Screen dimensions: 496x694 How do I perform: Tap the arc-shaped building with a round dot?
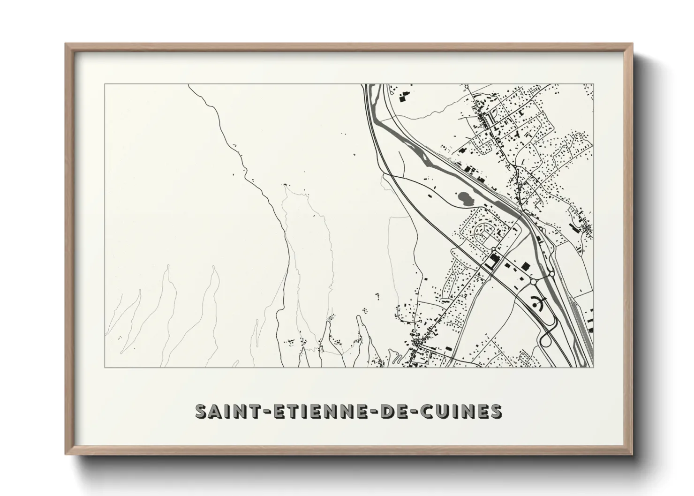pos(539,303)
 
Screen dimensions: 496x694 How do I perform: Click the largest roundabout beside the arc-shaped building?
pos(534,282)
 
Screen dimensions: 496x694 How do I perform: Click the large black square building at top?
pos(402,98)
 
